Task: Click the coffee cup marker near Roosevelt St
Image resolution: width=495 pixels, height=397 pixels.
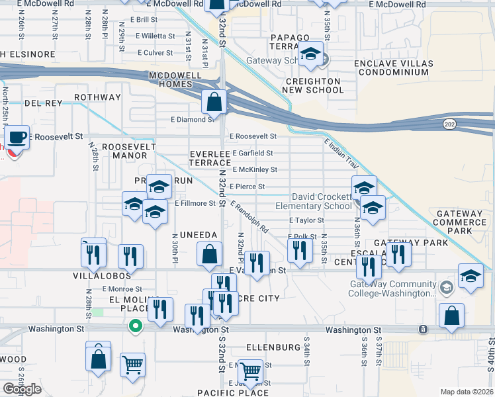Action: coord(18,138)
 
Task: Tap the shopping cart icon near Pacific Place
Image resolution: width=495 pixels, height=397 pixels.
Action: coord(250,371)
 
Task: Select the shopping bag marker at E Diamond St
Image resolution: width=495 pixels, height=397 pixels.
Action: coord(214,103)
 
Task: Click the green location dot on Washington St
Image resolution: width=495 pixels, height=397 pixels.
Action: coord(135,326)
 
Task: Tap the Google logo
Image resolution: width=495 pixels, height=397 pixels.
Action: coord(21,389)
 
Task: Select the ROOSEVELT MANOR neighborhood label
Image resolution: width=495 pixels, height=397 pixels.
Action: coord(129,151)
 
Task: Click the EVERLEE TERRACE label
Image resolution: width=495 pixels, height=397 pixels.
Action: coord(210,158)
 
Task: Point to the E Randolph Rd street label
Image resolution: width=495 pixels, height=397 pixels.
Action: coord(250,218)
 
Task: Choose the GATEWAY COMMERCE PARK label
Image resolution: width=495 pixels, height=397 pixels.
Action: coord(459,222)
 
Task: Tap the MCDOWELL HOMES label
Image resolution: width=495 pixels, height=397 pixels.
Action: coord(175,80)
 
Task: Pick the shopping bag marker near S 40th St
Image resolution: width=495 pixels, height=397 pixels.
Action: coord(451,318)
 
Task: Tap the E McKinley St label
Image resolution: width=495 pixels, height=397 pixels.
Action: coord(254,169)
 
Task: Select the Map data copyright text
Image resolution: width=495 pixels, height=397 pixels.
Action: coord(467,392)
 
